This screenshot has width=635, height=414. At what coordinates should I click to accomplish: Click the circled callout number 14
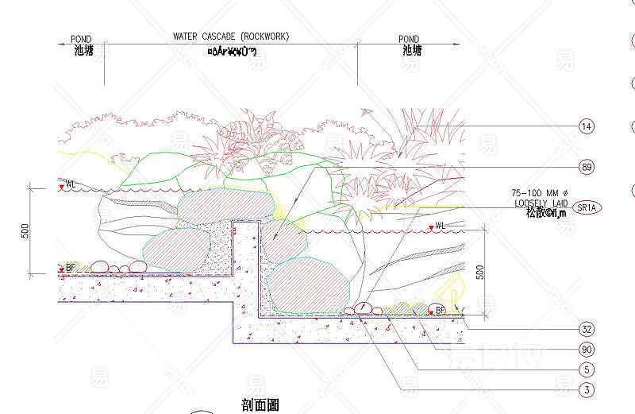587,126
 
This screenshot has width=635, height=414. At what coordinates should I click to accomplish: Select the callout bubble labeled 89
587,168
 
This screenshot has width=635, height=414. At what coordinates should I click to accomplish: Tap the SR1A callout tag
588,207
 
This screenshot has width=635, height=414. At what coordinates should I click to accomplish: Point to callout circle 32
587,329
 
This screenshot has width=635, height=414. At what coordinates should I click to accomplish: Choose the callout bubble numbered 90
587,350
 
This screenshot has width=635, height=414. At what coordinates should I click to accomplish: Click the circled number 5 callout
587,370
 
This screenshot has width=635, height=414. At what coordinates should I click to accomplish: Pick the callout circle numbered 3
587,389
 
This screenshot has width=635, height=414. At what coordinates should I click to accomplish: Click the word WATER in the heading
187,37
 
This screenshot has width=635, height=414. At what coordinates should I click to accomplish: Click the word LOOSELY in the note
526,203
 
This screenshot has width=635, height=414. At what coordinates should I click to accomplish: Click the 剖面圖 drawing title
260,405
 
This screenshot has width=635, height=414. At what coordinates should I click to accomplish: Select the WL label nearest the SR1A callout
440,226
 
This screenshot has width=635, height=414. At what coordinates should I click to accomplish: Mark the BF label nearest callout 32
440,310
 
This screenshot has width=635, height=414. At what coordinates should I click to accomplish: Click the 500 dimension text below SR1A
479,271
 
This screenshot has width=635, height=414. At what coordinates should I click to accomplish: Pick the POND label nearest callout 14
409,39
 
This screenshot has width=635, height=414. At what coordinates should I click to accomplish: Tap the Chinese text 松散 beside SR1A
525,212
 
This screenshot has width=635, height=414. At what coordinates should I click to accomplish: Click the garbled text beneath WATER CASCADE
231,52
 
